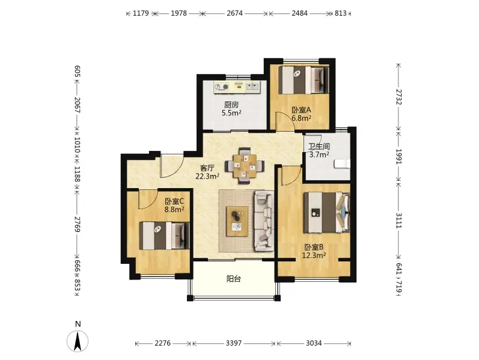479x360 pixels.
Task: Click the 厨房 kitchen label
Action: (231, 105)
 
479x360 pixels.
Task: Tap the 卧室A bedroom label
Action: (301, 110)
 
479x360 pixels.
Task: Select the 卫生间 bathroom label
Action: (319, 147)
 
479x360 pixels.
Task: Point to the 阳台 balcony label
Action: (234, 279)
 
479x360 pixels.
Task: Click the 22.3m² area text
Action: (207, 176)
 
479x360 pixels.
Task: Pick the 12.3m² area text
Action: (314, 255)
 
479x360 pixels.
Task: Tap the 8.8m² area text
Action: (174, 209)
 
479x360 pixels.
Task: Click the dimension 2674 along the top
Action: (234, 13)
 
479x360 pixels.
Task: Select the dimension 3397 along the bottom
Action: (234, 343)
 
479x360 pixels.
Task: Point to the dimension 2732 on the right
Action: (398, 97)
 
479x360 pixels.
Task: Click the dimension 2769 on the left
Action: (78, 224)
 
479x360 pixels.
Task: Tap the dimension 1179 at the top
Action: (141, 13)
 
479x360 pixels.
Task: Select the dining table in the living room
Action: (244, 166)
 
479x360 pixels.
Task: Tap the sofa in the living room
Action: (264, 221)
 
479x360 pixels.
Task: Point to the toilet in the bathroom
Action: (342, 163)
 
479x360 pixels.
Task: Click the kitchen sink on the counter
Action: (252, 87)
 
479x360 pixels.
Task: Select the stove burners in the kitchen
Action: (221, 87)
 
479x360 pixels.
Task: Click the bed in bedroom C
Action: (164, 236)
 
